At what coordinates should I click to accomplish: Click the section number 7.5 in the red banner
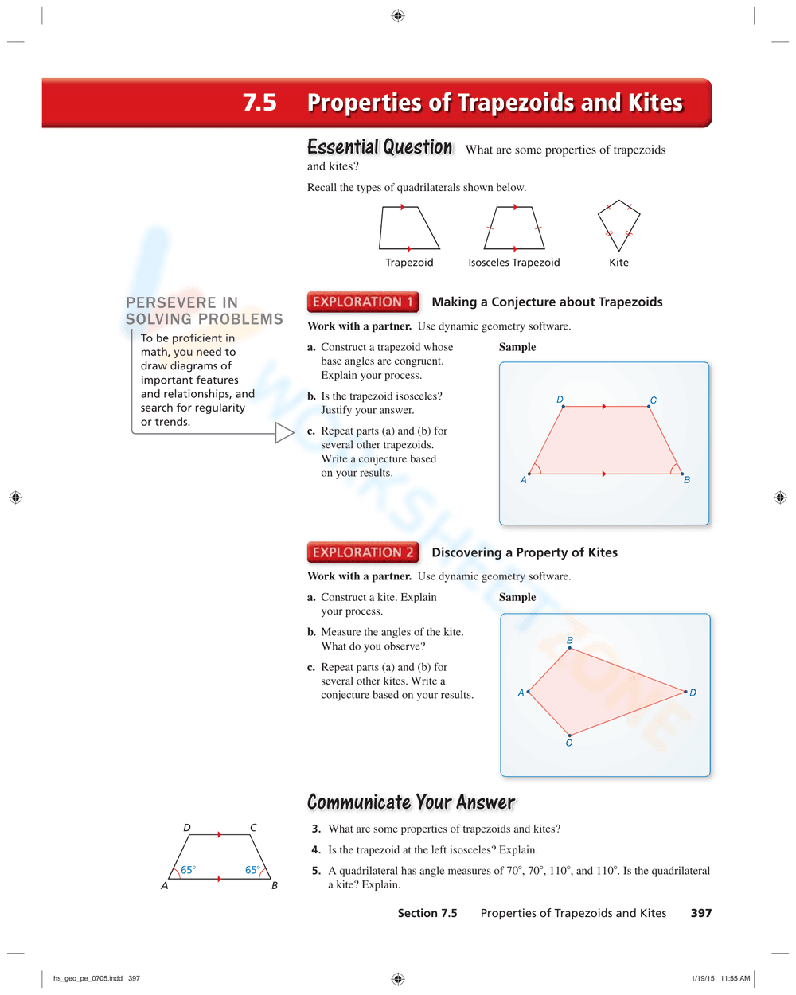[x=259, y=103]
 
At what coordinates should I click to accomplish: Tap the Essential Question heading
[x=380, y=147]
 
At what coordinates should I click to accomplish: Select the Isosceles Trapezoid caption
[x=513, y=263]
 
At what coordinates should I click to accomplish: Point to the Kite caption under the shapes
[x=618, y=263]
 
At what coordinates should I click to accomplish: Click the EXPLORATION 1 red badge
[x=362, y=302]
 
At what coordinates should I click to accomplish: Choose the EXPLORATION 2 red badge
[x=362, y=552]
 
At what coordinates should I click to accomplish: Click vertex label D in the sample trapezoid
[x=560, y=400]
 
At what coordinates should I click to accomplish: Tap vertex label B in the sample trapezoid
[x=687, y=480]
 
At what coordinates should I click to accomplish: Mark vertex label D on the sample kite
[x=693, y=693]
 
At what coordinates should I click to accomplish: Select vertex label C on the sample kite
[x=569, y=743]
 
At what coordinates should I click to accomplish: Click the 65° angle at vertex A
[x=188, y=870]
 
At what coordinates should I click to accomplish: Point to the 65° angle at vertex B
[x=252, y=870]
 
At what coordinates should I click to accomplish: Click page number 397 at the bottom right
[x=701, y=913]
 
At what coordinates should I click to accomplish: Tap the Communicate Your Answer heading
[x=411, y=802]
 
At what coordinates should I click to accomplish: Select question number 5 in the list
[x=316, y=871]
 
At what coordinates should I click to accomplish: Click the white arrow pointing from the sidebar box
[x=284, y=432]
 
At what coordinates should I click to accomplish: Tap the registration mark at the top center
[x=398, y=16]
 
